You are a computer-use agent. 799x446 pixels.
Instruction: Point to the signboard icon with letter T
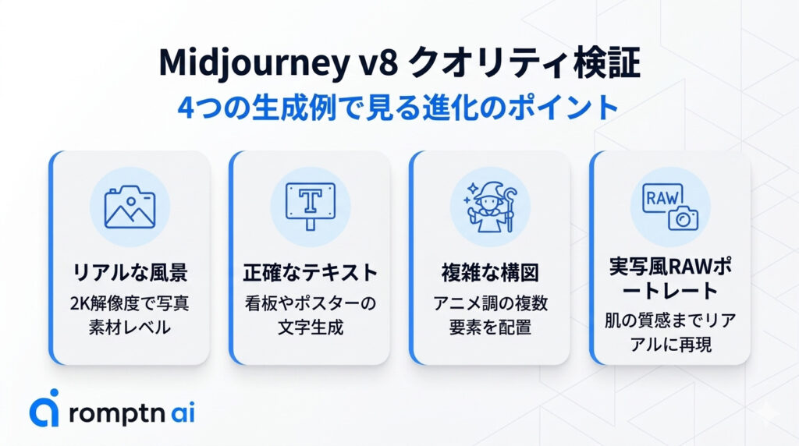tap(310, 204)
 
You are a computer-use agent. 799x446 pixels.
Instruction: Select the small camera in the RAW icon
tap(684, 218)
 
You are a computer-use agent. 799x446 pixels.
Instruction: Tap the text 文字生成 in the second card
tap(310, 327)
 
